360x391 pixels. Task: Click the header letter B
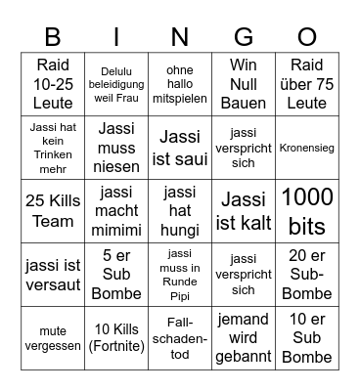coord(53,37)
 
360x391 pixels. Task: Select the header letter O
coord(306,37)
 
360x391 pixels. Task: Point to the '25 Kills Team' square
coord(53,210)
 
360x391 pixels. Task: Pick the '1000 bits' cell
coord(306,210)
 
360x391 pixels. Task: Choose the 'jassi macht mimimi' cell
coord(116,210)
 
